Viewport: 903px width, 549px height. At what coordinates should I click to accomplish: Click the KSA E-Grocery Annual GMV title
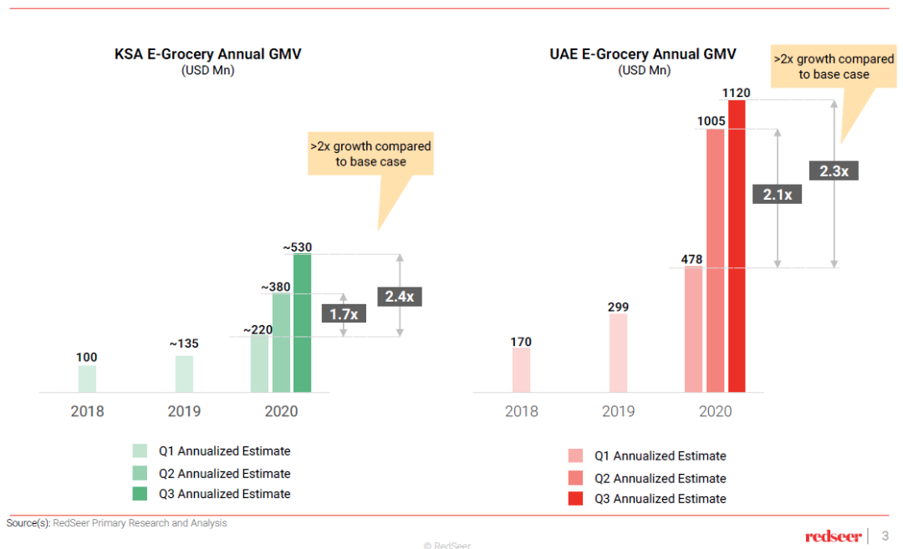(207, 54)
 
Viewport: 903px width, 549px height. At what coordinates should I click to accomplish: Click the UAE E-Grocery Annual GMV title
(643, 54)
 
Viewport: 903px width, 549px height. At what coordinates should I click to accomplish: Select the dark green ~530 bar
(302, 323)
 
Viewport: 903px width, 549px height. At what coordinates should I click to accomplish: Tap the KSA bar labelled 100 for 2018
(87, 379)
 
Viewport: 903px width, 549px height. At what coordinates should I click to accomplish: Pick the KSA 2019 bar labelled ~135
(184, 374)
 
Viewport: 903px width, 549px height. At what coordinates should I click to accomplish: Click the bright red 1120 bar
(737, 246)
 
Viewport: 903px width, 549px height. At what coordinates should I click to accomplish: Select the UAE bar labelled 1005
(715, 260)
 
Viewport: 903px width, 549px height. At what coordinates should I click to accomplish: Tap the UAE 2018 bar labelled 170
(521, 369)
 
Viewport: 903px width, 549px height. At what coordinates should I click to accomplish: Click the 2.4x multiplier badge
(399, 296)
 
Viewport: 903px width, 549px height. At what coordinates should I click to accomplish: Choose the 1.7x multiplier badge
(343, 314)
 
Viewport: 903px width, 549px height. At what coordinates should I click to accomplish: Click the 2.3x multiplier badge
(834, 170)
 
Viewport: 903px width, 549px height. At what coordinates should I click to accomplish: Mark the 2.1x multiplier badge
(778, 195)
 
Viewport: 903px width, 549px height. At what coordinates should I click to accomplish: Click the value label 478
(692, 259)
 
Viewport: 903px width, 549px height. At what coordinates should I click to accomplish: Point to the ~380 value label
(276, 287)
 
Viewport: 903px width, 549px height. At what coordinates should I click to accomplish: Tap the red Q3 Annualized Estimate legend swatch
(575, 499)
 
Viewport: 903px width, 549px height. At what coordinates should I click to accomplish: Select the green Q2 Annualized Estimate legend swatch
(140, 473)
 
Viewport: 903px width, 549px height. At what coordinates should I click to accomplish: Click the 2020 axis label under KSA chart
(281, 411)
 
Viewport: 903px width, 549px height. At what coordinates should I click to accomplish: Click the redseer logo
(833, 536)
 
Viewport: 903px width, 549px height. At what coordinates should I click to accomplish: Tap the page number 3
(885, 536)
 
